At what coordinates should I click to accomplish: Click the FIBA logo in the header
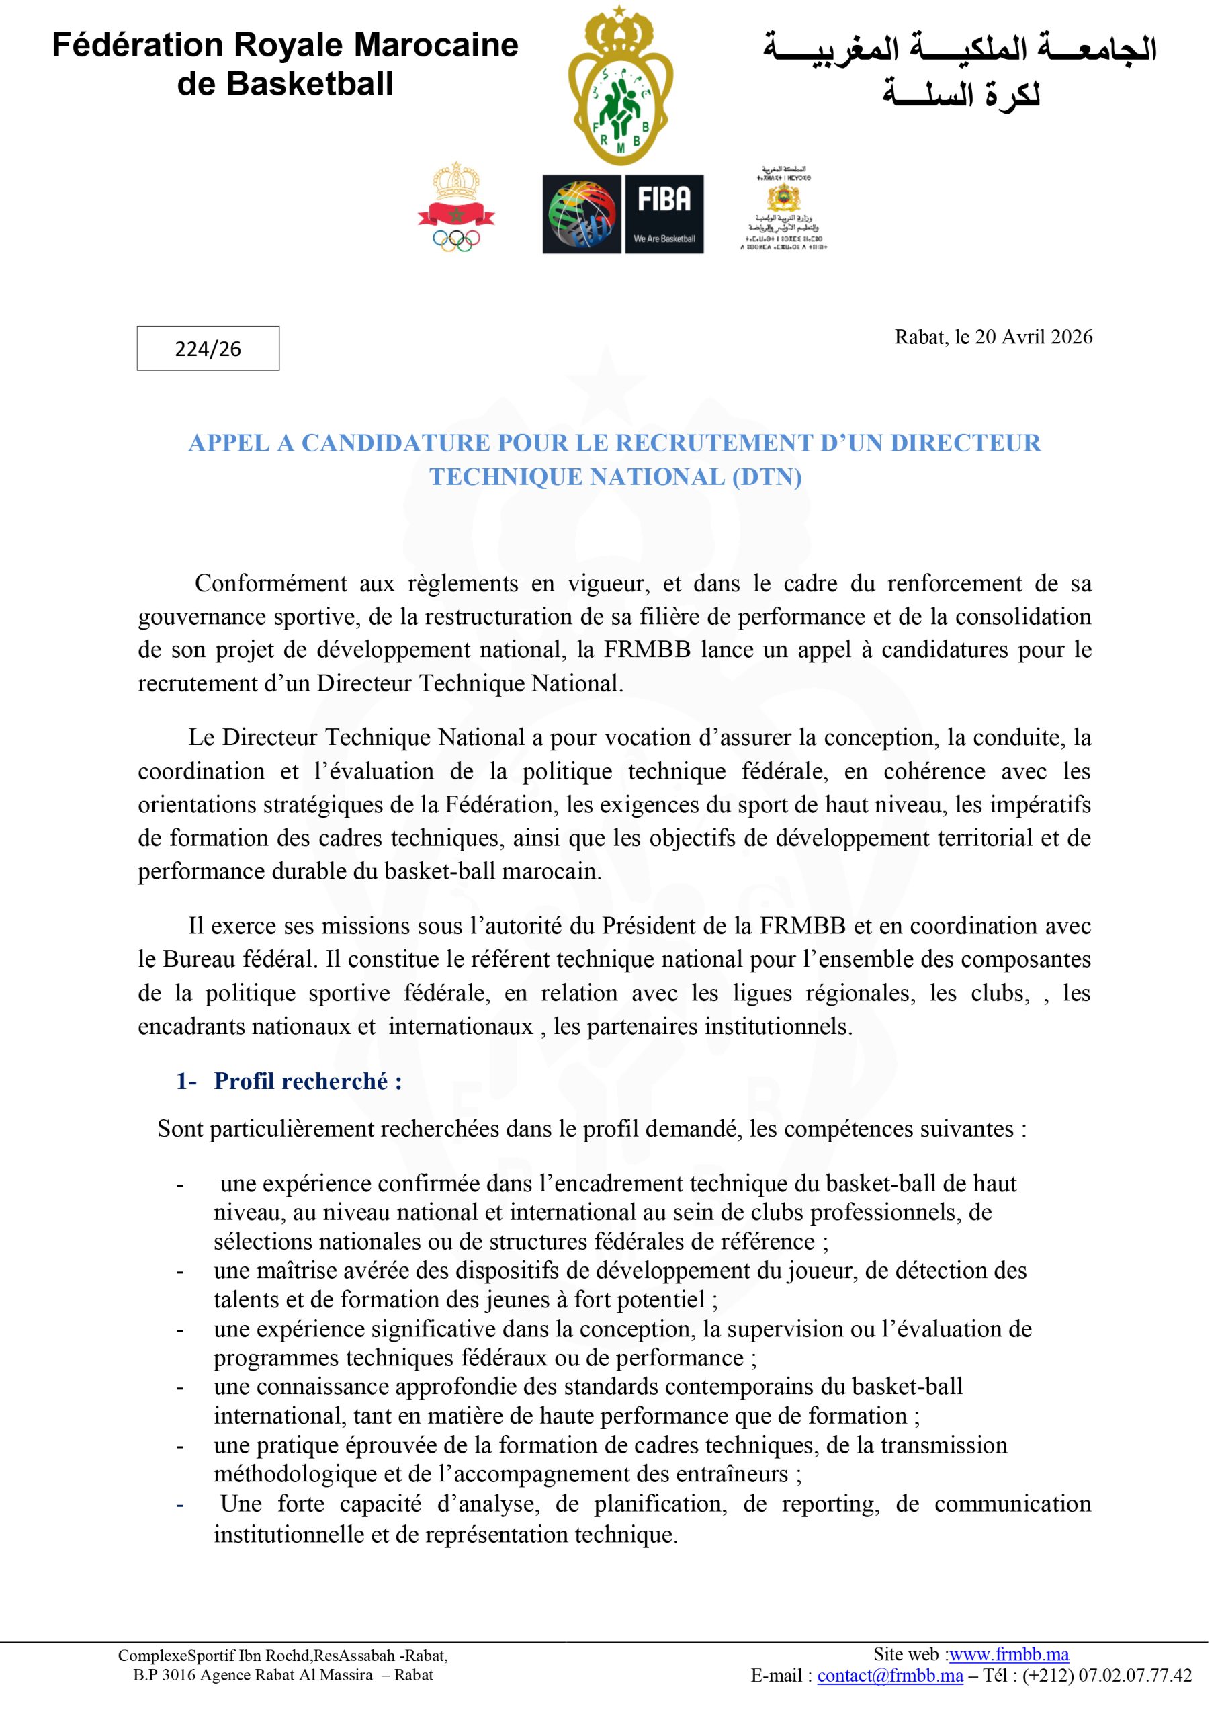pyautogui.click(x=623, y=214)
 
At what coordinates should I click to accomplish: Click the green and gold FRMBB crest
pyautogui.click(x=619, y=87)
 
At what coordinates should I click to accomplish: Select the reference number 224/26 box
pyautogui.click(x=208, y=348)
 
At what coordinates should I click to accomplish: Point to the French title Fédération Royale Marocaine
pyautogui.click(x=286, y=45)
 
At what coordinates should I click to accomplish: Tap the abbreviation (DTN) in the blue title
pyautogui.click(x=766, y=477)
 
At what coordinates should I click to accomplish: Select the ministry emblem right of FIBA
pyautogui.click(x=783, y=208)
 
